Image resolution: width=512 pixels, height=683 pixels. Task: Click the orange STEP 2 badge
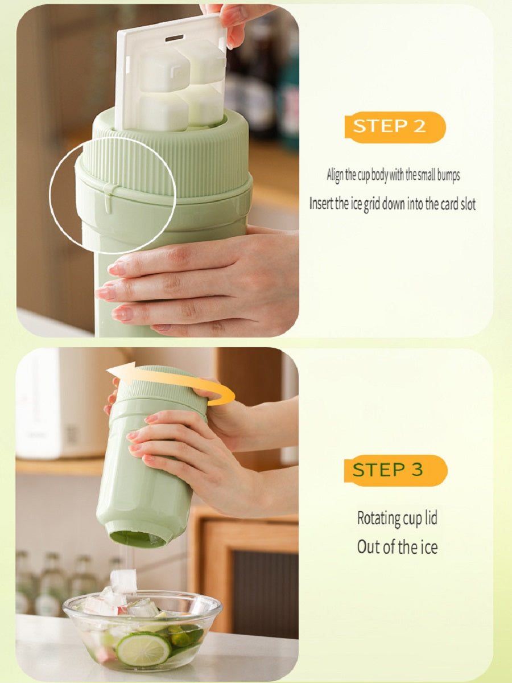(x=394, y=126)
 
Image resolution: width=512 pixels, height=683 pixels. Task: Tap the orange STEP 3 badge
(x=395, y=470)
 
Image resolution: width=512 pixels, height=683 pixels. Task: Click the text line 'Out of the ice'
(x=397, y=548)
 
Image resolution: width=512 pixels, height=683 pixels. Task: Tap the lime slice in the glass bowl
(x=143, y=649)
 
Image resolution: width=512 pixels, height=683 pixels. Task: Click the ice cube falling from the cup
(x=123, y=581)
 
